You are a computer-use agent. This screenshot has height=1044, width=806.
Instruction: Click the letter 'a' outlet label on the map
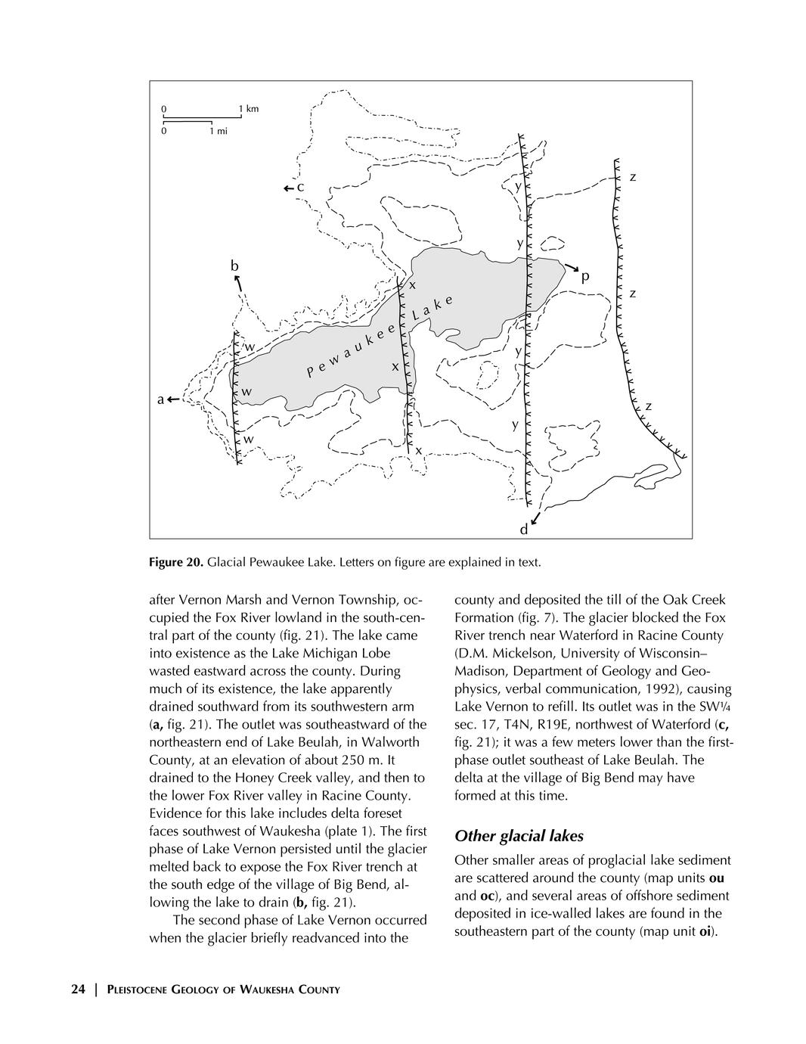pyautogui.click(x=160, y=400)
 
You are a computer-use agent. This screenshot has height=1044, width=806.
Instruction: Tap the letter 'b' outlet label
pyautogui.click(x=234, y=266)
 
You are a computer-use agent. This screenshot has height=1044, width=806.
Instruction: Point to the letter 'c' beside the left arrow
pyautogui.click(x=300, y=187)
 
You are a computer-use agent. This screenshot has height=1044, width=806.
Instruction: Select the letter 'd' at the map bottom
pyautogui.click(x=523, y=530)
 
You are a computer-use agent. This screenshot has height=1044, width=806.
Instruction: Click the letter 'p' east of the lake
pyautogui.click(x=584, y=278)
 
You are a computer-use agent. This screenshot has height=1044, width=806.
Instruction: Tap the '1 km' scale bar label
pyautogui.click(x=248, y=109)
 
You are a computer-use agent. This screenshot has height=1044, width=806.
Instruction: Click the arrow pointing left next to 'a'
pyautogui.click(x=173, y=399)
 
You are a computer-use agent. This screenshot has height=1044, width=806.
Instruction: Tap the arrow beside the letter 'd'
pyautogui.click(x=535, y=519)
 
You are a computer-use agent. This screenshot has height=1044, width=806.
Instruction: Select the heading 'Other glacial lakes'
pyautogui.click(x=519, y=836)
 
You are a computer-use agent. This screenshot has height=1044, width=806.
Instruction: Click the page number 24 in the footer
pyautogui.click(x=78, y=989)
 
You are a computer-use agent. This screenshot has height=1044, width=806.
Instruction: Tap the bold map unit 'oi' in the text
pyautogui.click(x=705, y=931)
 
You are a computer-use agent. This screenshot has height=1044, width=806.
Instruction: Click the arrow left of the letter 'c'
pyautogui.click(x=288, y=188)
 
